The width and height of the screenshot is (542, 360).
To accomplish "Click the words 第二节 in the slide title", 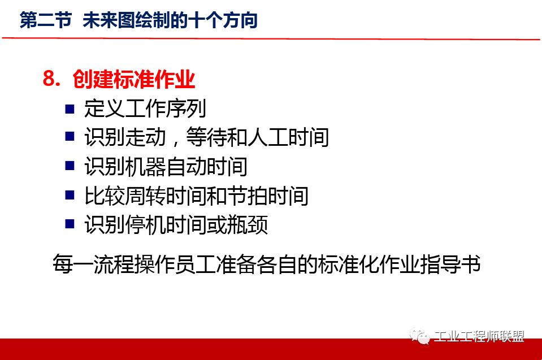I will click(x=46, y=21).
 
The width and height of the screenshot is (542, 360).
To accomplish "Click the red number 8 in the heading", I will click(x=50, y=80).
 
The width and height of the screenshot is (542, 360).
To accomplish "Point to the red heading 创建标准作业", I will click(x=134, y=80).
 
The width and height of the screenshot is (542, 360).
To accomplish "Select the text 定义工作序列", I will click(x=145, y=108).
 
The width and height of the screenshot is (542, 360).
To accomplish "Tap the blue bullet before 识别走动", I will click(x=70, y=137).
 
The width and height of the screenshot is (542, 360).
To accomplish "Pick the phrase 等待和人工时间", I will click(x=259, y=137).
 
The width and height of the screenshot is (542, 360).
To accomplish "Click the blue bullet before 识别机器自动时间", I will click(x=70, y=166).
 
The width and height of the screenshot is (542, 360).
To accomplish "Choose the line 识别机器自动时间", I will click(x=166, y=167).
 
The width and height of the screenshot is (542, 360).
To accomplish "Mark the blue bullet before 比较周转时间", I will click(x=70, y=196).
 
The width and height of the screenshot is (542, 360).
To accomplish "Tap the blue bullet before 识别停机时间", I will click(x=70, y=224).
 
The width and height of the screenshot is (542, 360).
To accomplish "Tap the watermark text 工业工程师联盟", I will click(x=479, y=337).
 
